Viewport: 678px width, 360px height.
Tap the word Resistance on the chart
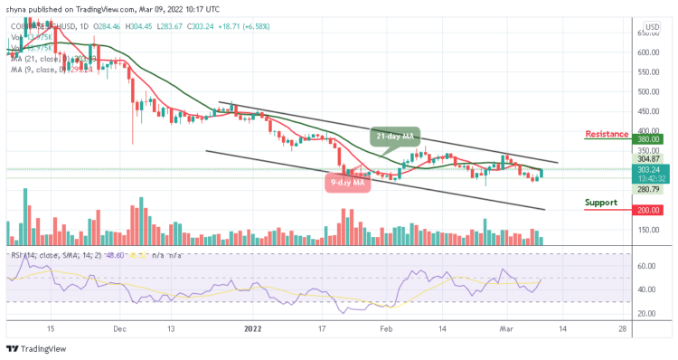point(607,134)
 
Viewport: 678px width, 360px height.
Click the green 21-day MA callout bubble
point(395,137)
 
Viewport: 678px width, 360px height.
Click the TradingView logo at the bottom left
point(34,350)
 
